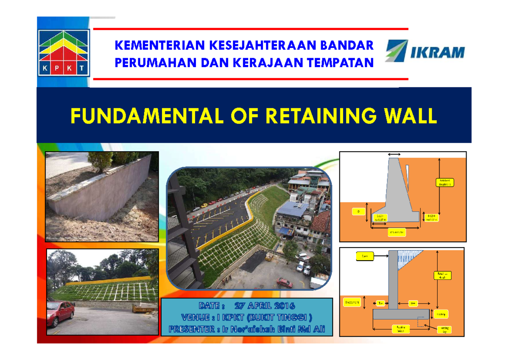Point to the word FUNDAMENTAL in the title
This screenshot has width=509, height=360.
coord(146,116)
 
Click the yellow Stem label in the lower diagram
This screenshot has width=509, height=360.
coord(364,256)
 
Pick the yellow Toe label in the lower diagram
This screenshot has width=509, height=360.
coord(380,303)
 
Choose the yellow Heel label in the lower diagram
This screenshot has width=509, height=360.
coord(412,303)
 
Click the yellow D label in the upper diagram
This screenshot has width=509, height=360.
coord(358,211)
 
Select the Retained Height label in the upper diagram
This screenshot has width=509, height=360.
coord(445,183)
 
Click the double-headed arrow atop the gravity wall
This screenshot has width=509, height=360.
coord(394,154)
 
